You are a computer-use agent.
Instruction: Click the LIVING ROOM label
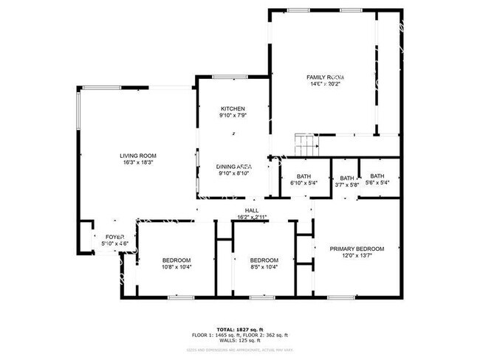click(x=138, y=156)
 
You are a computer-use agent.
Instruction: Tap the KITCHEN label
click(x=233, y=108)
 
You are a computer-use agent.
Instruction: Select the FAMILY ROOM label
click(x=326, y=77)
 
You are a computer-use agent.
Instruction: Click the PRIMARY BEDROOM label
click(x=357, y=249)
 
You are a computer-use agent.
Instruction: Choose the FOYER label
click(x=114, y=237)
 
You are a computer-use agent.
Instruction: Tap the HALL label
click(x=252, y=210)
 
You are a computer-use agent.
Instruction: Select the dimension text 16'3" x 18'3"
click(x=138, y=163)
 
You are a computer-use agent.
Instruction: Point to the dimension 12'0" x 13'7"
click(x=357, y=257)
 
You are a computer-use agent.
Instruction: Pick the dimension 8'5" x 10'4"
click(x=264, y=267)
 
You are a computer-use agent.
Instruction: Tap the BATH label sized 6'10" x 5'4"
click(x=304, y=176)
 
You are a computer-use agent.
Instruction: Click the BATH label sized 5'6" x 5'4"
click(x=377, y=176)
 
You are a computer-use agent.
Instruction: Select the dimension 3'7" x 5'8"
click(x=346, y=184)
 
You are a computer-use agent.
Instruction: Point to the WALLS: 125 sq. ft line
click(x=240, y=340)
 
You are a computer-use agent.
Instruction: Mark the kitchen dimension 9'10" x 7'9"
click(x=233, y=116)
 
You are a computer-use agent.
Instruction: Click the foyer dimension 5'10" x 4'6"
click(x=114, y=244)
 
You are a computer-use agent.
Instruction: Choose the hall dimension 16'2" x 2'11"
click(x=252, y=217)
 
